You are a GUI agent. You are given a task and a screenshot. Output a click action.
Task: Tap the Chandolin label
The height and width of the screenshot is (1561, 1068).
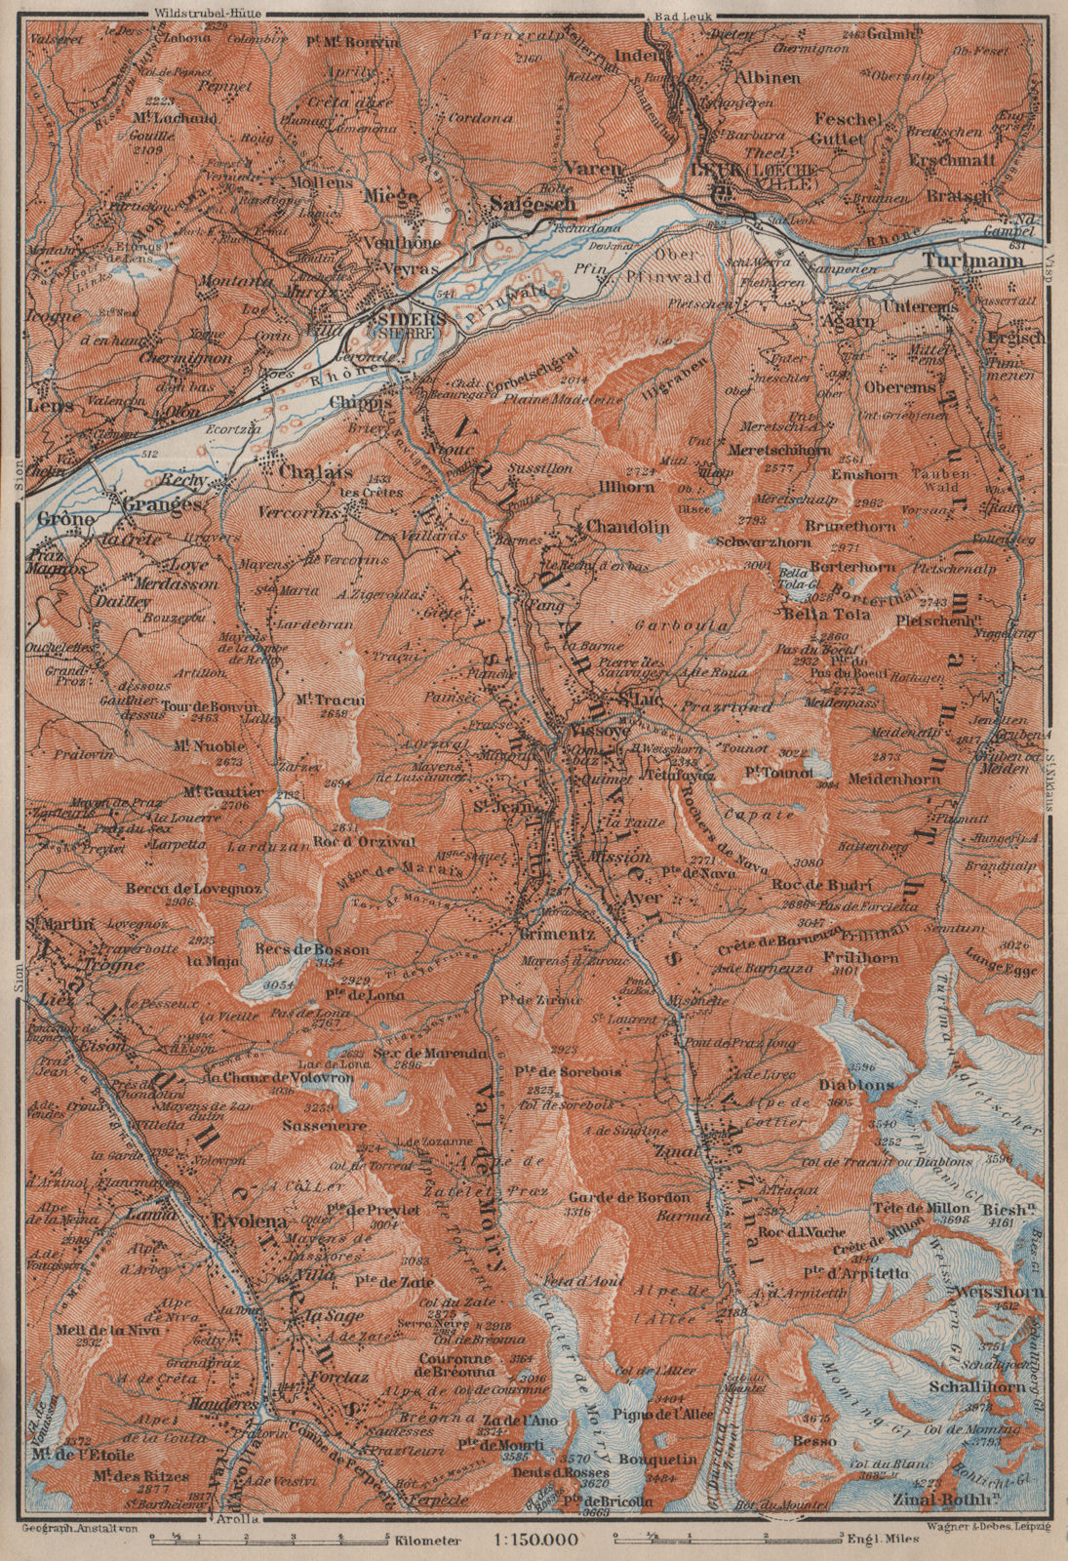tap(625, 526)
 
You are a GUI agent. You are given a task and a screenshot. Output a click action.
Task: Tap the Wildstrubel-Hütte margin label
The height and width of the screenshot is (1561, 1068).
tap(199, 14)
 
